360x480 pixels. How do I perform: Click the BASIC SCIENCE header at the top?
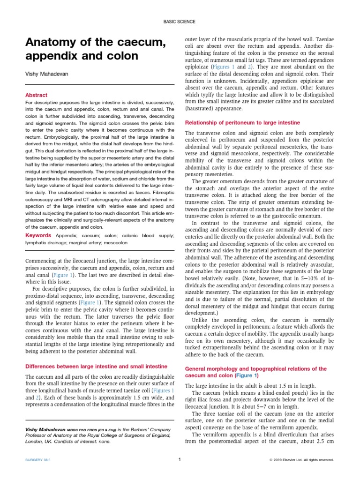[180, 22]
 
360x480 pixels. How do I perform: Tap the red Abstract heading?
[36, 95]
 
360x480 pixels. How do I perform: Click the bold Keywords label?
[38, 235]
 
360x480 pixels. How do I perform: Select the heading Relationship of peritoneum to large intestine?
[242, 123]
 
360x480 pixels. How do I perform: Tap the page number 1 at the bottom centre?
[180, 459]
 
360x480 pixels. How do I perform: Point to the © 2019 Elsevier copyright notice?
[301, 460]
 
